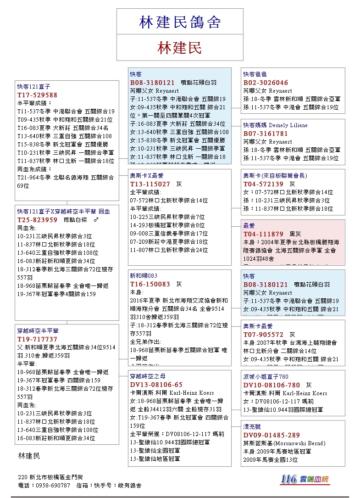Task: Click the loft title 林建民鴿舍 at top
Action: (x=180, y=22)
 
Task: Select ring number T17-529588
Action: (x=38, y=95)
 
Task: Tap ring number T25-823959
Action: (x=38, y=220)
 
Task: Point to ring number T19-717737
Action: (x=38, y=339)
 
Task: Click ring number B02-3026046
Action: (x=266, y=83)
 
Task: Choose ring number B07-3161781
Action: (x=266, y=134)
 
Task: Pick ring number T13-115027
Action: (x=150, y=184)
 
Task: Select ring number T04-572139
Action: (x=264, y=184)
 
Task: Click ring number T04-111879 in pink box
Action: (x=264, y=234)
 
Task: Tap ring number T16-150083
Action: (x=150, y=284)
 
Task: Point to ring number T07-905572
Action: (x=264, y=335)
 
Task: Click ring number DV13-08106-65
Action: (x=156, y=385)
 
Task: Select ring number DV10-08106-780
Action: (x=272, y=385)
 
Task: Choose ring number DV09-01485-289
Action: (x=272, y=435)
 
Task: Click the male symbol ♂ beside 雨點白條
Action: (x=95, y=220)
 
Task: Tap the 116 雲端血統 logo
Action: (x=305, y=479)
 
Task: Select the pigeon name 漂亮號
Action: (x=252, y=427)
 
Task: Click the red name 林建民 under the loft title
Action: (x=180, y=48)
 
